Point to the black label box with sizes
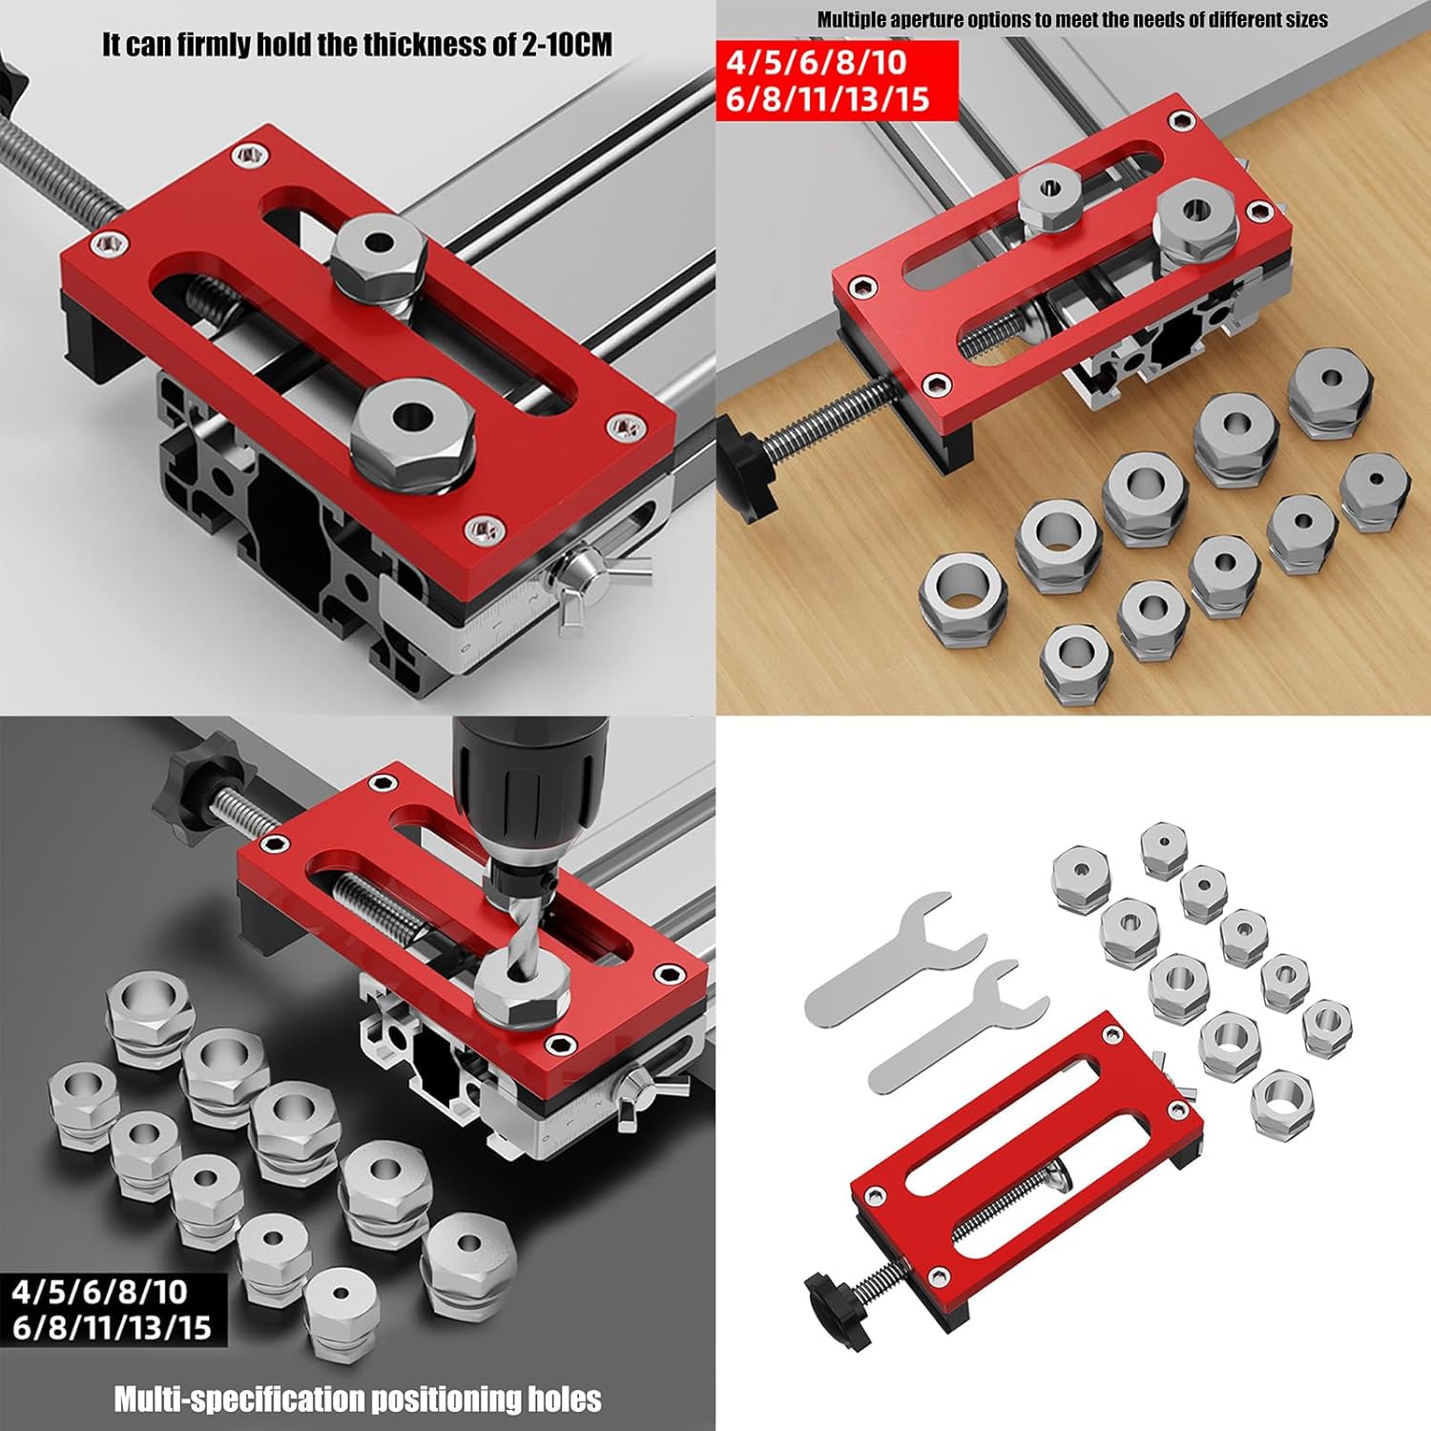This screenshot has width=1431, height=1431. click(x=113, y=1309)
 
